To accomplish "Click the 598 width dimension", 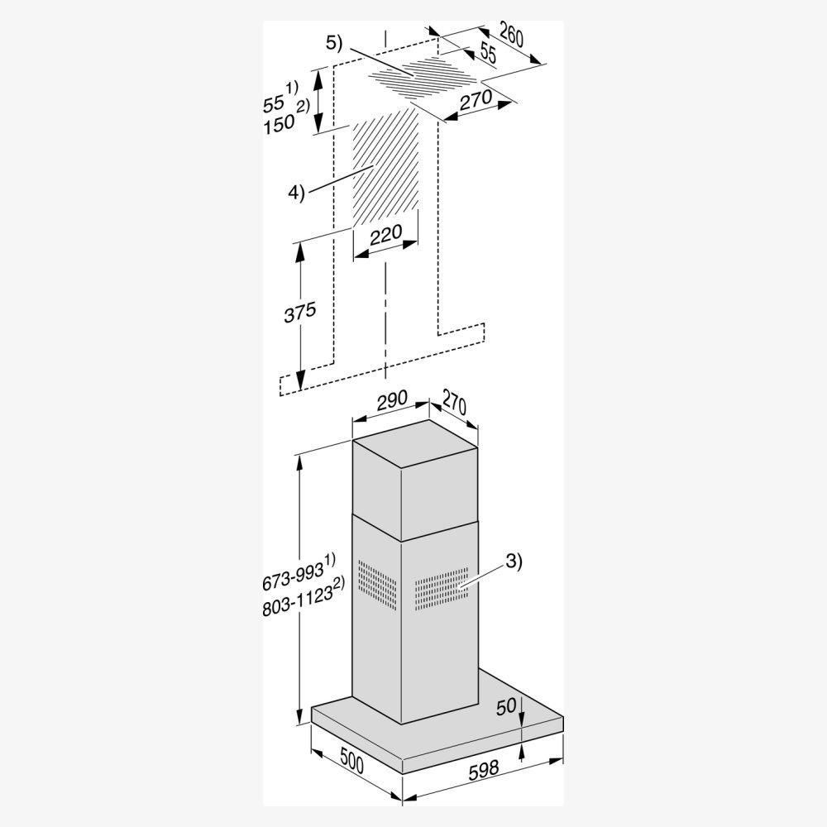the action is click(484, 768).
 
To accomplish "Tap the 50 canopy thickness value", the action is click(506, 707).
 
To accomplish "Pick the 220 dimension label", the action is click(385, 234).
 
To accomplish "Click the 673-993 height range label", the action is click(292, 577).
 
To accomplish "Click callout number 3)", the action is click(514, 562).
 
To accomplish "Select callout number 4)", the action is click(296, 194).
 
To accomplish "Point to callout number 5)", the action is click(334, 43).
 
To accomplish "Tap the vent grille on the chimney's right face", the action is click(442, 589).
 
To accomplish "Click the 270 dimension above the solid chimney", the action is click(454, 404).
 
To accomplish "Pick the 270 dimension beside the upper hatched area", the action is click(476, 100).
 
